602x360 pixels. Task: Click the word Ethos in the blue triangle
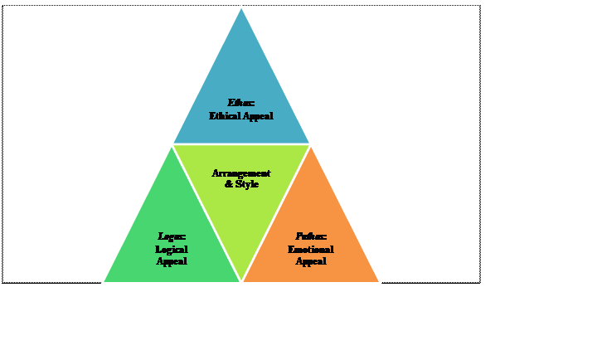click(x=240, y=103)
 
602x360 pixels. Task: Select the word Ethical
click(x=226, y=116)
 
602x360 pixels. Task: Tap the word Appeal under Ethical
click(x=258, y=116)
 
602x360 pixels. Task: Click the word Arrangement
click(x=240, y=173)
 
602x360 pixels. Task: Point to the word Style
click(x=248, y=184)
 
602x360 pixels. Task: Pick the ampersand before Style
click(x=229, y=184)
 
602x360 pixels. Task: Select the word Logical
click(x=172, y=249)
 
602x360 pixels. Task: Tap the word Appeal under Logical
click(x=172, y=261)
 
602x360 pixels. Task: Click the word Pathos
click(x=310, y=236)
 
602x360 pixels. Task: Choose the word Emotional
click(x=311, y=249)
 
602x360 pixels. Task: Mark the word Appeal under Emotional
click(x=311, y=261)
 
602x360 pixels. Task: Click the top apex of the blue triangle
click(x=241, y=7)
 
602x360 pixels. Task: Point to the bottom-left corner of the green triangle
click(x=104, y=282)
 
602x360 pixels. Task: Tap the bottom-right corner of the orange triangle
click(x=380, y=282)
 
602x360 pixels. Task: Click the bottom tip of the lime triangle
click(x=241, y=281)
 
